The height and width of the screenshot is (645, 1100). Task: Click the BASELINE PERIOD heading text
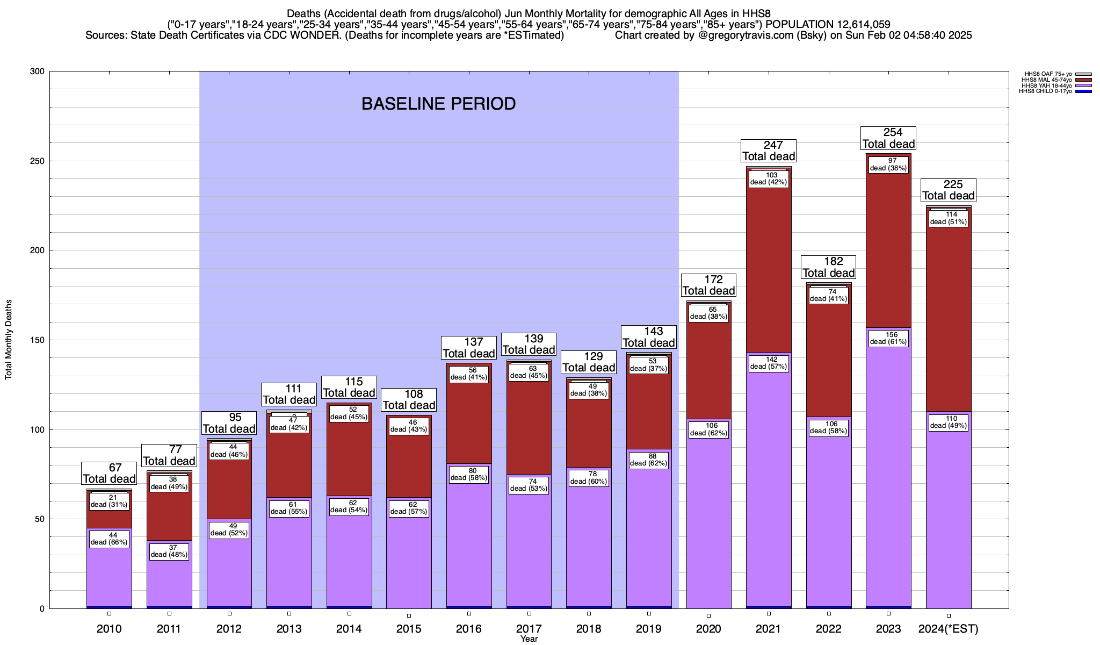tap(438, 104)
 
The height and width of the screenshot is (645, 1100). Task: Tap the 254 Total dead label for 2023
tap(888, 138)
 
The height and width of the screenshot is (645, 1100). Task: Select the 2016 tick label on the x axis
tap(469, 629)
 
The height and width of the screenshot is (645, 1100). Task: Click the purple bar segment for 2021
tap(769, 484)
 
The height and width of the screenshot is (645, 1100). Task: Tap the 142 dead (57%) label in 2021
tap(769, 363)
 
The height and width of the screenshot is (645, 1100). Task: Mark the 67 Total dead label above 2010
tap(109, 474)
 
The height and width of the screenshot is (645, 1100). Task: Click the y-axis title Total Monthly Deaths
tap(9, 340)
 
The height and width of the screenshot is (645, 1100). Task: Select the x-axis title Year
tap(529, 639)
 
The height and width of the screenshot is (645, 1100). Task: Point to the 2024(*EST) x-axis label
tap(949, 629)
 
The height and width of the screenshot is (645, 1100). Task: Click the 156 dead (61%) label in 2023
tap(888, 338)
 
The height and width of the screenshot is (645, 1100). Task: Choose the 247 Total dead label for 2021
tap(769, 151)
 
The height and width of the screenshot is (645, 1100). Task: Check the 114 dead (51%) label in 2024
tap(949, 218)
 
